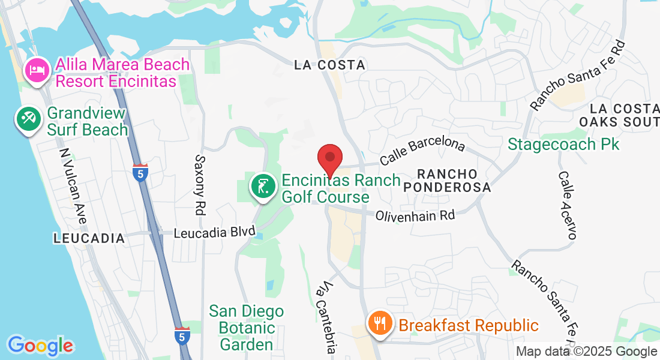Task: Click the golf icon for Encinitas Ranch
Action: pos(263,188)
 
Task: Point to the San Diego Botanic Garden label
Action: pos(246,328)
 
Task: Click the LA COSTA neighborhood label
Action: pos(329,65)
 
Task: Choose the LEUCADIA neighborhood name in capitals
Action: pos(89,238)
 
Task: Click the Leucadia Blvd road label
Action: pos(215,232)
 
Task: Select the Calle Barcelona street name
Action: pos(423,152)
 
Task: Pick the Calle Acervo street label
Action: pos(568,205)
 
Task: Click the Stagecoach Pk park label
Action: pos(563,144)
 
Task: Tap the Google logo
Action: pos(40,346)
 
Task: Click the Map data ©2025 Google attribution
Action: pos(587,352)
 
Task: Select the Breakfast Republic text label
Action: pos(469,325)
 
